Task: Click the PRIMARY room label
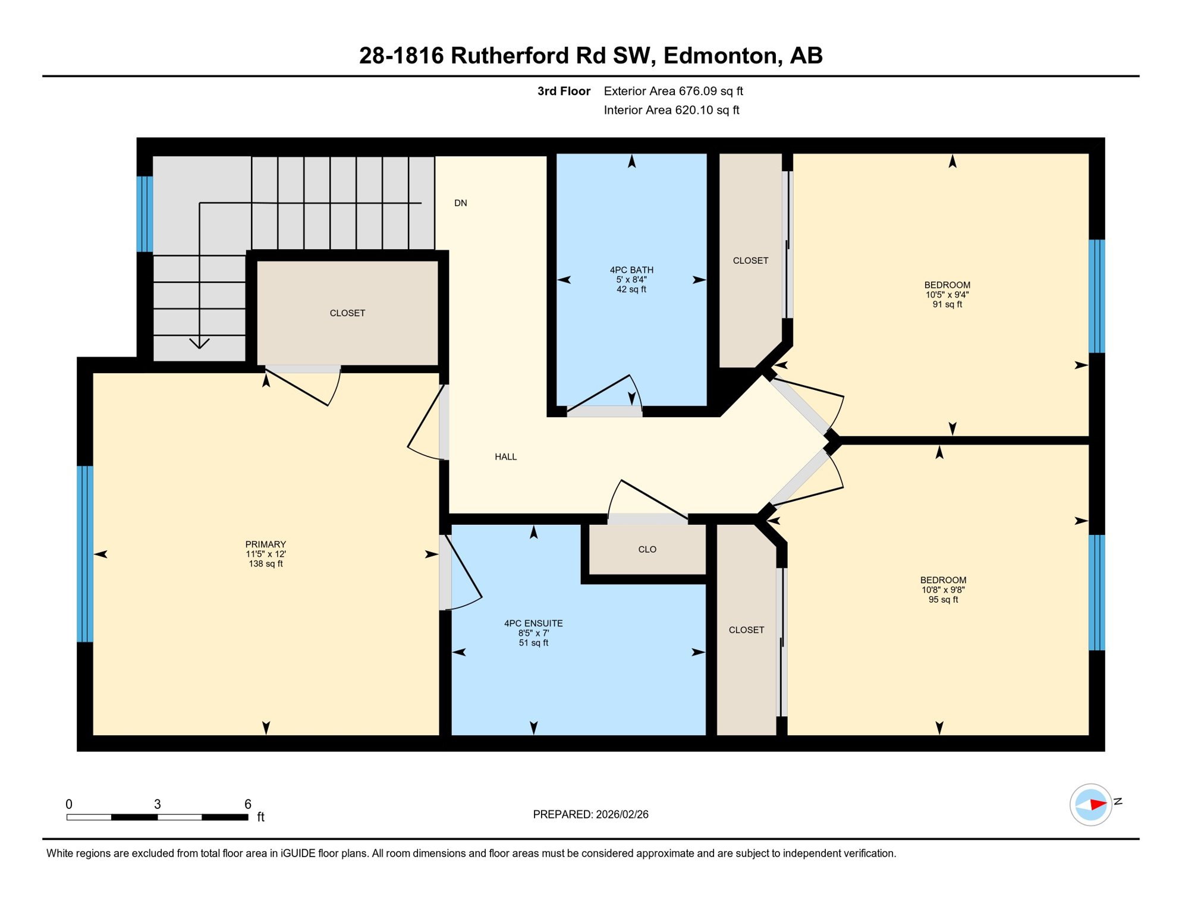(x=266, y=544)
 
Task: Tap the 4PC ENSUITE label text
(x=533, y=624)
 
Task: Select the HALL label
(x=505, y=457)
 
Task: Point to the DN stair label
(x=460, y=203)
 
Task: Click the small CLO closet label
(x=647, y=550)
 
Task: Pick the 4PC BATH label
(x=631, y=270)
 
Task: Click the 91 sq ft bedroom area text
(x=947, y=304)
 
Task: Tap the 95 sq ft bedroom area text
(x=944, y=600)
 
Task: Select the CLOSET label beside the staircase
(x=347, y=313)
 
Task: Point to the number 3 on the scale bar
(x=157, y=804)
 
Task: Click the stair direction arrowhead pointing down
(x=199, y=344)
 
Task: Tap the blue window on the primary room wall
(x=85, y=554)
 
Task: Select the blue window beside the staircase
(x=144, y=214)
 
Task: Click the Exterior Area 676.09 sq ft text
(x=673, y=91)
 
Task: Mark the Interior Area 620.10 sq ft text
(x=671, y=110)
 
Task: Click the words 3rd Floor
(x=563, y=91)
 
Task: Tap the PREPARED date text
(x=590, y=814)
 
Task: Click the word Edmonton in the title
(x=720, y=55)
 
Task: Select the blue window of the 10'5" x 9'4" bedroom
(x=1096, y=296)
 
